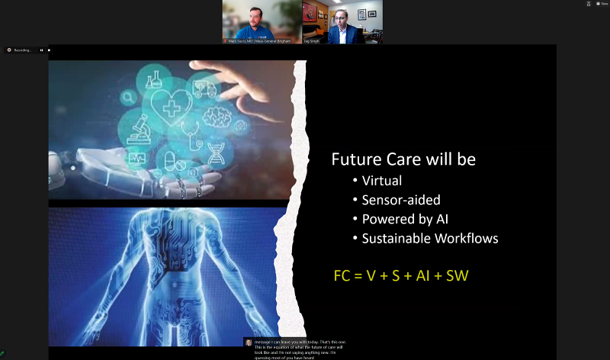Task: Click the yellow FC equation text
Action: [x=400, y=275]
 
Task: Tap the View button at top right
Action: [x=602, y=4]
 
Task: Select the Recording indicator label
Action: [x=21, y=50]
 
